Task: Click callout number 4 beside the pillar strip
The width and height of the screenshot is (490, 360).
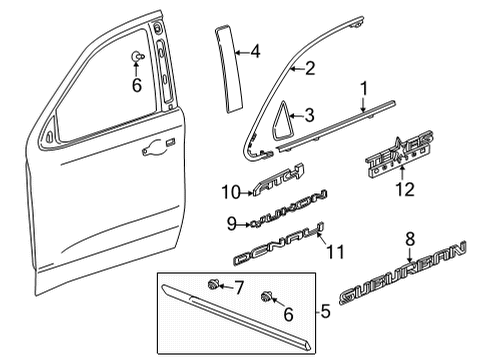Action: (x=255, y=50)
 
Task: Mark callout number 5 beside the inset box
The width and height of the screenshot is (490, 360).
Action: (x=324, y=313)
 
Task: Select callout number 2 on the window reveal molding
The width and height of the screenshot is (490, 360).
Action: (x=310, y=69)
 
